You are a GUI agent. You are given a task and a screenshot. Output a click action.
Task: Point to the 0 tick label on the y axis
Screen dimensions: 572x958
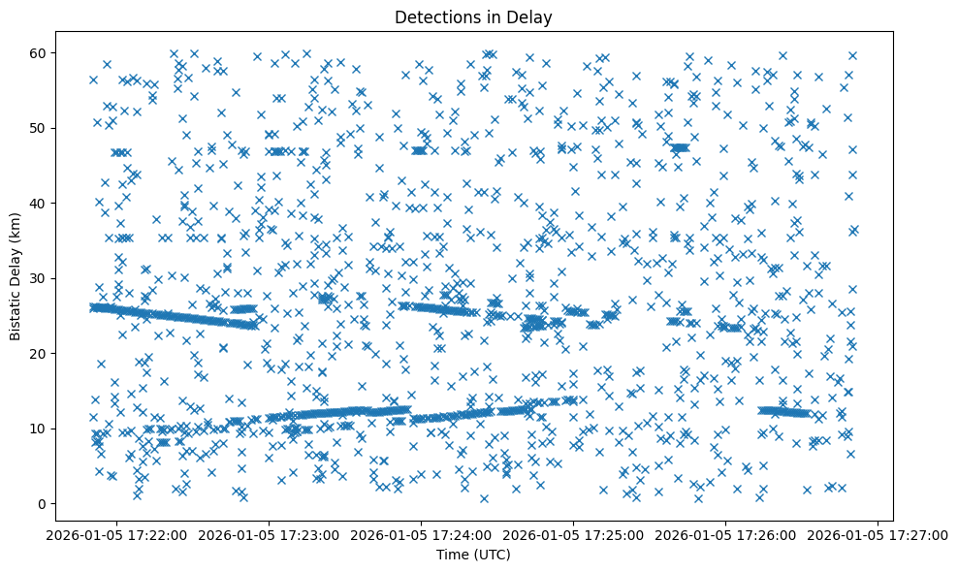43,503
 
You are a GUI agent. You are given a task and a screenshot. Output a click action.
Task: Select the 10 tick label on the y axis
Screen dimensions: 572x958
39,429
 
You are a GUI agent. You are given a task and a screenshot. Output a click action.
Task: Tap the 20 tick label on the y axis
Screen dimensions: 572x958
39,353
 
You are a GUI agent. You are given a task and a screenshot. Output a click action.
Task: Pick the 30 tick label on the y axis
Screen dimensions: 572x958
39,278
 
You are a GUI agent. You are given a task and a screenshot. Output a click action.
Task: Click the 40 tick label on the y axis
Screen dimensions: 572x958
39,203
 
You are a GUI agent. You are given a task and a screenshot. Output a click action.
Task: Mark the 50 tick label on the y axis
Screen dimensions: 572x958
39,128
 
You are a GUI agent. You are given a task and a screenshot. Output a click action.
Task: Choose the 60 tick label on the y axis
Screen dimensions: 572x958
39,52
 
